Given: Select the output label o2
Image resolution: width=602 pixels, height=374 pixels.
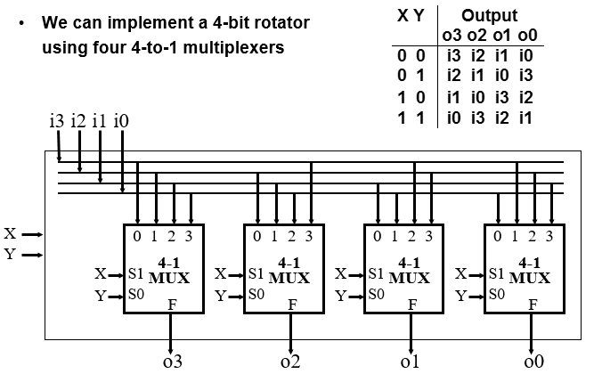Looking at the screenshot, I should coord(290,362).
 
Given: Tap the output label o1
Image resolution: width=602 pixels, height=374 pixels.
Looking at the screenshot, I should coord(410,362).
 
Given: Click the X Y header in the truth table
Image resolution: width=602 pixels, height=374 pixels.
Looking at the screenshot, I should coord(409,16).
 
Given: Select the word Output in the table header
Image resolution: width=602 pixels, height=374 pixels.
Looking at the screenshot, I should coord(489,16).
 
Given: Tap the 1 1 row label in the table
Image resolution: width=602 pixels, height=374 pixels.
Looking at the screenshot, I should coord(409,117).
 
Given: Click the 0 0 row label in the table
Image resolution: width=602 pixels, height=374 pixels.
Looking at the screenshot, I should coord(409,55).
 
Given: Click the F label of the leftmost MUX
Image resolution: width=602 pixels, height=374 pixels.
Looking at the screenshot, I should coord(171,304).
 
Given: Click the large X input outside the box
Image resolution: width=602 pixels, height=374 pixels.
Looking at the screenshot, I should coord(10,234).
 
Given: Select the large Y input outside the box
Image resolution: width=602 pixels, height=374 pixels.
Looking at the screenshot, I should coord(10,255).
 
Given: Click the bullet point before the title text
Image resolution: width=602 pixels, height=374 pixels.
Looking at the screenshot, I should coord(21,22).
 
